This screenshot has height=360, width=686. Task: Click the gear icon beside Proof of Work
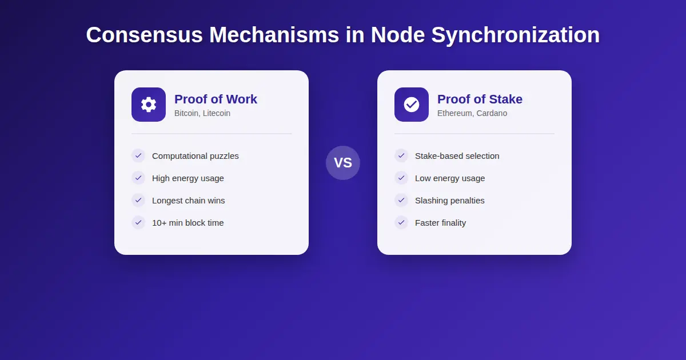(x=149, y=105)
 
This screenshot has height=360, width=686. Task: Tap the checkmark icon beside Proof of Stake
(x=412, y=105)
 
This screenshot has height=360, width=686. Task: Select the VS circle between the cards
(x=343, y=163)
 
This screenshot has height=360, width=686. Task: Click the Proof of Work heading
(x=216, y=99)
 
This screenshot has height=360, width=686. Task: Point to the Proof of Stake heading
(x=480, y=99)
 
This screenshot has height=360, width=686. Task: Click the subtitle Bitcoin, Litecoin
(x=202, y=113)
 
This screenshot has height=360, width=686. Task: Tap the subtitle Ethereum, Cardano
(x=472, y=113)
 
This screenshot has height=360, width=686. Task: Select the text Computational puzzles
(x=196, y=156)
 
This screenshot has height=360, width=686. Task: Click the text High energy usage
(x=188, y=178)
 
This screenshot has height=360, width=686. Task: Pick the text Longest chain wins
(x=189, y=201)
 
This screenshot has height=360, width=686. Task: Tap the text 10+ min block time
(x=188, y=223)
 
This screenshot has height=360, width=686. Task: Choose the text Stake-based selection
(x=457, y=156)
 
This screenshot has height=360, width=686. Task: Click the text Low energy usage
(x=450, y=178)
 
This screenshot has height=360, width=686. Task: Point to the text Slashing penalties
(x=450, y=201)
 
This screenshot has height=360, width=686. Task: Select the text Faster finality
(x=441, y=223)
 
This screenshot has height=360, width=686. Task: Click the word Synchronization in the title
(x=516, y=35)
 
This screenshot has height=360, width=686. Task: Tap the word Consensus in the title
(x=144, y=35)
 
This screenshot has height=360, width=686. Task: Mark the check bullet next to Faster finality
(x=401, y=222)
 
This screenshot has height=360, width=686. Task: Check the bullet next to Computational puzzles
(x=138, y=155)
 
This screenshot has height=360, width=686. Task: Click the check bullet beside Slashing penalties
(x=401, y=200)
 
